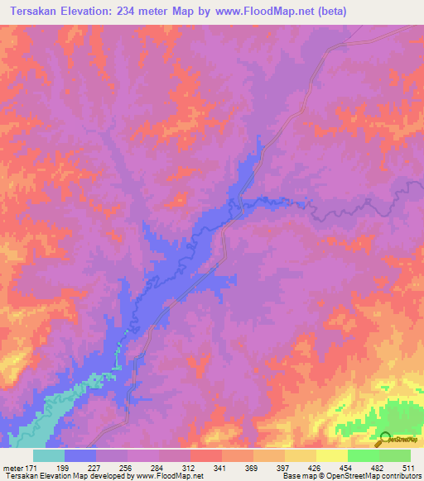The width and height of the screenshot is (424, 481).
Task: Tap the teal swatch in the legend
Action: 48,455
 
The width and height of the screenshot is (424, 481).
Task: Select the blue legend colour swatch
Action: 79,455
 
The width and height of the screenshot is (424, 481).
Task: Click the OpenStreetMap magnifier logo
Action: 385,439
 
